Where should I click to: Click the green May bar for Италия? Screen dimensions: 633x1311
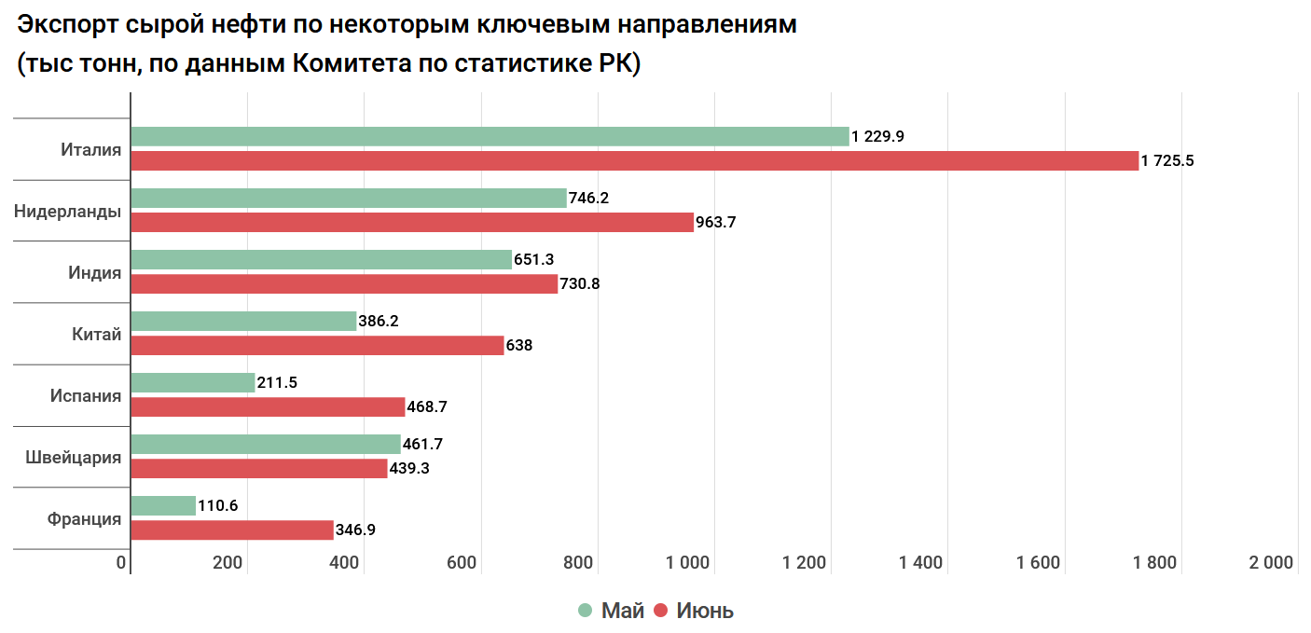click(x=490, y=136)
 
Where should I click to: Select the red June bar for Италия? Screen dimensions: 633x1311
click(x=634, y=160)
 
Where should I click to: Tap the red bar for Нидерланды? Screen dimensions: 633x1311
click(x=412, y=222)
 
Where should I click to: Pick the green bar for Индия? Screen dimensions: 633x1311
click(x=321, y=259)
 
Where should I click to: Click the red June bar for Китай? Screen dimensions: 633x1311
click(x=317, y=345)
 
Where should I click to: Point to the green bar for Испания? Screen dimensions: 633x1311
click(x=192, y=382)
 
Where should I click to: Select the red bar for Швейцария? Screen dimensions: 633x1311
click(x=258, y=468)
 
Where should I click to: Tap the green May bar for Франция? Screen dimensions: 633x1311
click(x=163, y=505)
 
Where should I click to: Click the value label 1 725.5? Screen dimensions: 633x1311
click(x=1167, y=160)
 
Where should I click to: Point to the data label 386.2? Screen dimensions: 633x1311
click(x=379, y=321)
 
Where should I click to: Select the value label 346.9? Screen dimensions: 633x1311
click(x=355, y=530)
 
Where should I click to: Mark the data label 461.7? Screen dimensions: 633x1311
click(x=422, y=444)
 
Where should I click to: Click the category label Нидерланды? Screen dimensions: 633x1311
click(x=67, y=212)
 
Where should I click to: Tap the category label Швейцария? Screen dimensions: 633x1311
click(x=74, y=458)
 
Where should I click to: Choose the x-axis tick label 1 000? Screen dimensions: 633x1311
click(x=689, y=562)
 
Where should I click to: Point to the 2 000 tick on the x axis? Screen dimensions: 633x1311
click(x=1271, y=562)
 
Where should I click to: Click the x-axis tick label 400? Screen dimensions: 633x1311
click(x=345, y=562)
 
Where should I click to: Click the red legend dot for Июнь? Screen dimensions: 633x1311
click(x=661, y=611)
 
